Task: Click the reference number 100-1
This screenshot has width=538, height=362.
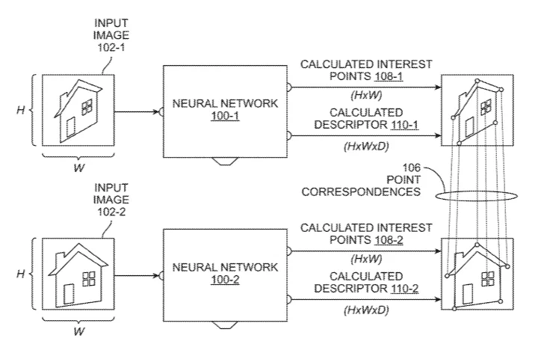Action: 225,116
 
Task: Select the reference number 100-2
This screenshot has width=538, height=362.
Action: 225,280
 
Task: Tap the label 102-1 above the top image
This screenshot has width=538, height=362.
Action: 111,47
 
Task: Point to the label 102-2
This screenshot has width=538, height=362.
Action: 111,212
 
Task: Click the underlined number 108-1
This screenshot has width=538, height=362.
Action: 389,76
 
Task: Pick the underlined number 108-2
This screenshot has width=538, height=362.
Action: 389,240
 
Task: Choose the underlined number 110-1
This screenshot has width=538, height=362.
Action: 404,125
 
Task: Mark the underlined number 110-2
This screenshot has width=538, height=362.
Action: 404,289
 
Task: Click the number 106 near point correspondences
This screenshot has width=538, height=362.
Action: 411,168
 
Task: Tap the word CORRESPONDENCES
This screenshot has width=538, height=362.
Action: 361,191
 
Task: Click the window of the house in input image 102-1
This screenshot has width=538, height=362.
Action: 87,107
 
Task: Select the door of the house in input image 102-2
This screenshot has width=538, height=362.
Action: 69,295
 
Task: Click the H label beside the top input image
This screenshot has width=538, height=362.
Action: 21,110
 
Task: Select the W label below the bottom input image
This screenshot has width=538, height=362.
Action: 79,331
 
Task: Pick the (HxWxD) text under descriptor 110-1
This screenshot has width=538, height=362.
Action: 366,147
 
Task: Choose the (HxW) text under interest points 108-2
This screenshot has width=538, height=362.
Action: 366,259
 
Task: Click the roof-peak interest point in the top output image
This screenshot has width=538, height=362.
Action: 477,81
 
